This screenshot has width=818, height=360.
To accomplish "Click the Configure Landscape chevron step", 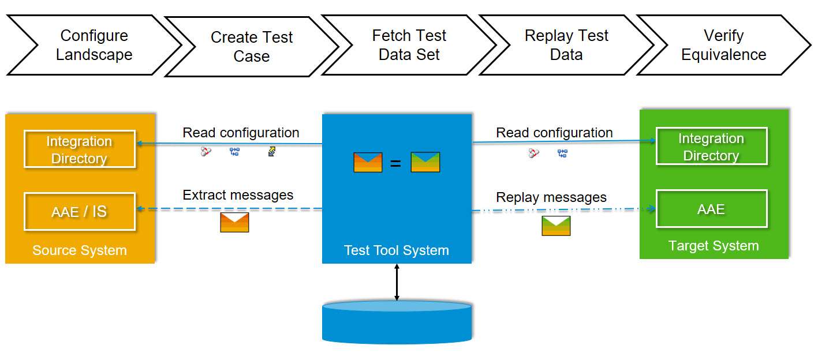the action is click(x=94, y=45).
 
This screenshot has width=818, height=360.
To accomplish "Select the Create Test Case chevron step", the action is click(x=252, y=47).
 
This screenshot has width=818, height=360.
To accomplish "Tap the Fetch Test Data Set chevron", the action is click(x=409, y=45).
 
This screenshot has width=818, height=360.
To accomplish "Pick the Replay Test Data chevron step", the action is click(x=566, y=45).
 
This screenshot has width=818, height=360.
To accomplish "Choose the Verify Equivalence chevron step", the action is click(x=724, y=45).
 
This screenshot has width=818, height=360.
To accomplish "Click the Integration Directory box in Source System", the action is click(x=80, y=149).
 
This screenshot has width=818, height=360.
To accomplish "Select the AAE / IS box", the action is click(x=80, y=212).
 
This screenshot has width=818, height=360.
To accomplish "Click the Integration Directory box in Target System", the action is click(x=712, y=146).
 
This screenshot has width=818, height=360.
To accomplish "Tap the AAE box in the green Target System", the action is click(x=712, y=209).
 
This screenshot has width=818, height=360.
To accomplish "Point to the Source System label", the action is click(x=80, y=250).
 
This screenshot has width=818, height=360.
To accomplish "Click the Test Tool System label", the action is click(x=397, y=250).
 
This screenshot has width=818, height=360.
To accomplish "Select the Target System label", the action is click(x=714, y=246).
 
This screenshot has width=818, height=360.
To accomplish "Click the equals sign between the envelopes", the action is click(x=395, y=164).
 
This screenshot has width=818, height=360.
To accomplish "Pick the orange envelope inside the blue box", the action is click(x=368, y=163).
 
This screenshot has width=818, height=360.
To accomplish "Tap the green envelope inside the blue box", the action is click(x=425, y=162).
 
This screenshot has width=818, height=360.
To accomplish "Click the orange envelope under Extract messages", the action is click(x=234, y=222).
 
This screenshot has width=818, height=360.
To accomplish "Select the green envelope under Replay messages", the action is click(x=556, y=226).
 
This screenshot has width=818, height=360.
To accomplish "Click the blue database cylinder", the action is click(x=397, y=322).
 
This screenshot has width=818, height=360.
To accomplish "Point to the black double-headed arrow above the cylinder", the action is click(x=397, y=282).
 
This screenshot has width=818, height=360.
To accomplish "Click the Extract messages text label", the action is click(x=238, y=195).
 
